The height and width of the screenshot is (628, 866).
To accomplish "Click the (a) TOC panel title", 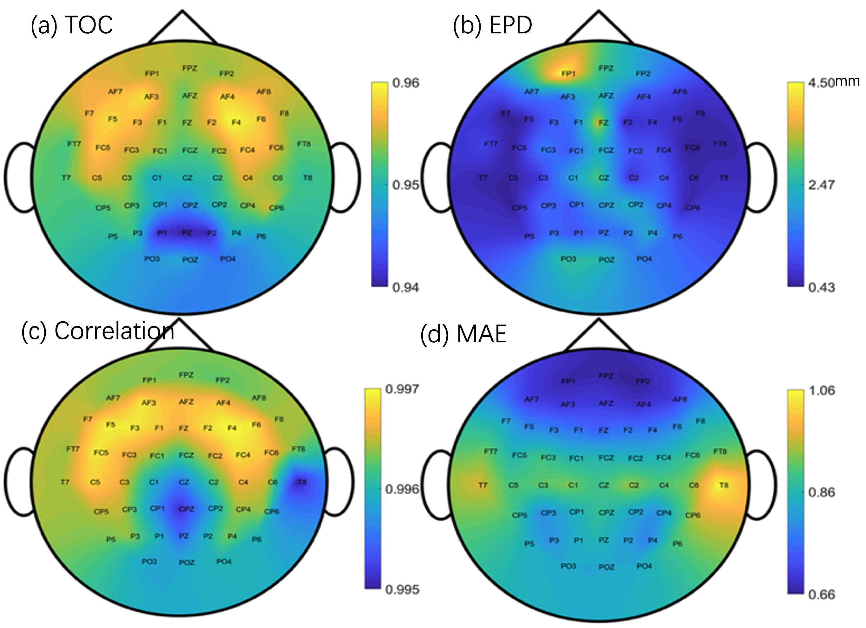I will tap(72, 25).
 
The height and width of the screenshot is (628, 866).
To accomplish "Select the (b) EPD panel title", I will tap(493, 25).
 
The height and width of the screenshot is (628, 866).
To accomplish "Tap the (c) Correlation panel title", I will tap(98, 331).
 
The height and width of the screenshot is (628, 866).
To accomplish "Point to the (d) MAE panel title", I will tap(463, 333).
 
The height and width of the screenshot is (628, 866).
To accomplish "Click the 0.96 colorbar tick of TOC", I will tap(405, 83).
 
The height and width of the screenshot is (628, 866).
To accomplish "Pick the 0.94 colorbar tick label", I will tap(405, 287).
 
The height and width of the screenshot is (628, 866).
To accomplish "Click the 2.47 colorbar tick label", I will tap(821, 185).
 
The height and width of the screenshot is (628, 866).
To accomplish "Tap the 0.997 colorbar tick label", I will tap(402, 389).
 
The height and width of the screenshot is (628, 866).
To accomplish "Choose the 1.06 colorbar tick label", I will tap(821, 391).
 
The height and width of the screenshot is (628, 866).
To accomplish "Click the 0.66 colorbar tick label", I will tap(821, 595).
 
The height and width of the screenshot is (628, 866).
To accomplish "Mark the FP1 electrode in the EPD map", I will tap(568, 73).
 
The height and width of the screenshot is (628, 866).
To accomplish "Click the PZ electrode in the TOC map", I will tap(187, 233).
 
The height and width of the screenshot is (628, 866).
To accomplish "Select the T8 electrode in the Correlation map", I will tap(302, 482).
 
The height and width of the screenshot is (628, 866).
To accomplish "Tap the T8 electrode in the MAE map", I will tap(723, 485).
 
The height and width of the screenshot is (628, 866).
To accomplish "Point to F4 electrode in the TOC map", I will tap(236, 123).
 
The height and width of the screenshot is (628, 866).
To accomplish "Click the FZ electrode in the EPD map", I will tap(603, 123).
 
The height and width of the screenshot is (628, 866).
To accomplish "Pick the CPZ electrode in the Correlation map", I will tap(187, 509).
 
